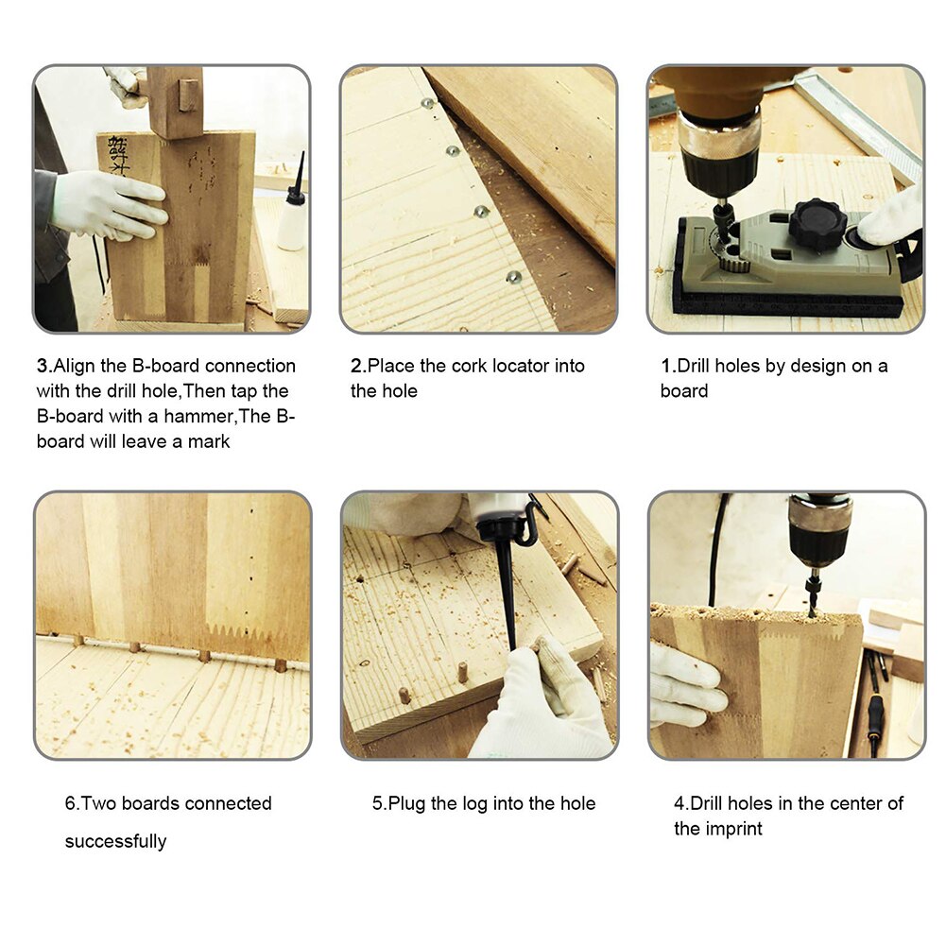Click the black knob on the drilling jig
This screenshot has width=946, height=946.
pos(817,224)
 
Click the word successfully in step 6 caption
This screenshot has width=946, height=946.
pos(115,841)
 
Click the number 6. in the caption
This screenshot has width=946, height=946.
pos(72,804)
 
